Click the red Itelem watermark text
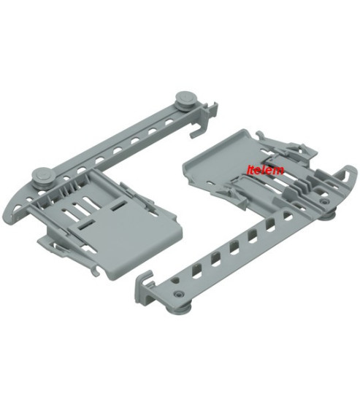(x=265, y=169)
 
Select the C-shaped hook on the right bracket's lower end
(x=145, y=281)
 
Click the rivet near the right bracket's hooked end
(x=179, y=294)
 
